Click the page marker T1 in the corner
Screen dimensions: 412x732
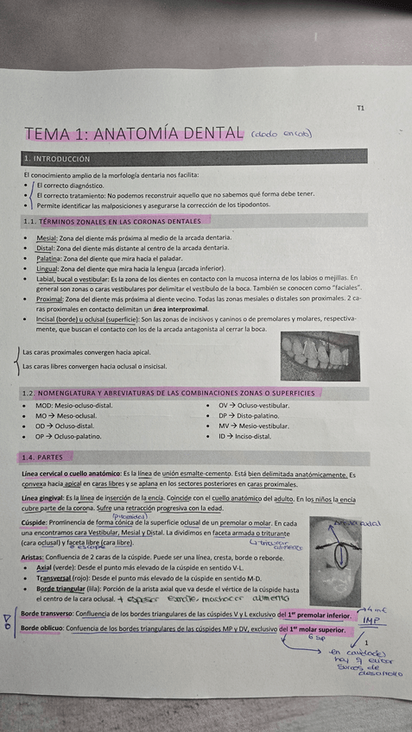point(360,109)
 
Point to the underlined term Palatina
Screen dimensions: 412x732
point(49,258)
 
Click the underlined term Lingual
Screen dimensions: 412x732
point(48,268)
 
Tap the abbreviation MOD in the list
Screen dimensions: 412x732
point(45,405)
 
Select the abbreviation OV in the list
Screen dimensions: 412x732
point(223,405)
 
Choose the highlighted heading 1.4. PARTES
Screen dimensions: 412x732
point(45,457)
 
